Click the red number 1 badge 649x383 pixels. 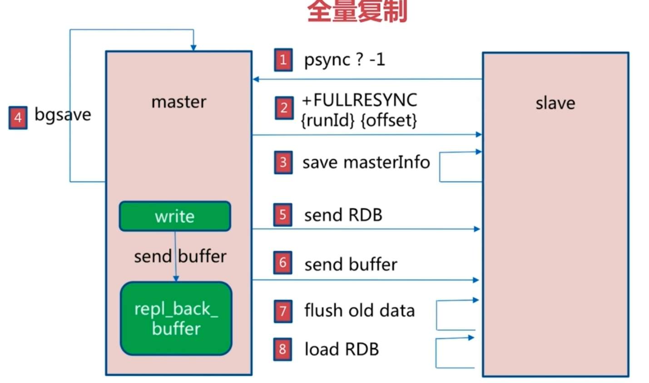[x=283, y=60]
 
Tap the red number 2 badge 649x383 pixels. [x=284, y=108]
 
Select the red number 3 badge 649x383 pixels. [x=283, y=162]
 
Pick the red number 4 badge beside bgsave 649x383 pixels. [x=18, y=118]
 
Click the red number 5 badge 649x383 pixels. [x=282, y=215]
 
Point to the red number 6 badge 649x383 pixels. [x=282, y=263]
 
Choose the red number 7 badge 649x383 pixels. [x=283, y=311]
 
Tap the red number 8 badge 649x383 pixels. [x=282, y=349]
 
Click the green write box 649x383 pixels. [x=175, y=216]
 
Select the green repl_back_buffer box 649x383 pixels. [x=176, y=319]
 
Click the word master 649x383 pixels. [x=178, y=102]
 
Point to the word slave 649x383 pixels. [x=555, y=103]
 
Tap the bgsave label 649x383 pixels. [x=63, y=115]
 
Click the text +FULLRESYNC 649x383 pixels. [x=359, y=100]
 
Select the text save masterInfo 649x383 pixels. [x=366, y=162]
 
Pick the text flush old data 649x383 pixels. [x=359, y=311]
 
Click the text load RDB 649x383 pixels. [x=342, y=349]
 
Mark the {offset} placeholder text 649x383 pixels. [x=388, y=120]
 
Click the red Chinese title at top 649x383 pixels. [x=357, y=11]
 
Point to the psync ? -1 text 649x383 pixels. [x=344, y=60]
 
